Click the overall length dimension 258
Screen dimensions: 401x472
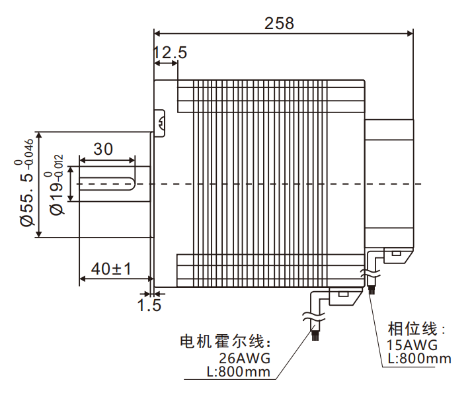[279, 22]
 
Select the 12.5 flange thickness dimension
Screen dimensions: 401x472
[170, 53]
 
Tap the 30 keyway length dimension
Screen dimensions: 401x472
[103, 149]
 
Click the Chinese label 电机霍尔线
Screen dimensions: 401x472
[225, 342]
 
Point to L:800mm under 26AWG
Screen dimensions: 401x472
[239, 372]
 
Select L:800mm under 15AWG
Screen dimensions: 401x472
[419, 359]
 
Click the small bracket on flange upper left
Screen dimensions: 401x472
[159, 122]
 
